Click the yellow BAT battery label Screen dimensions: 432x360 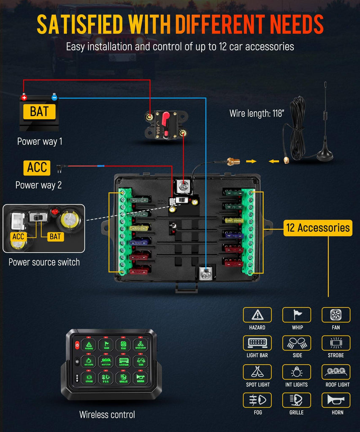(x=40, y=112)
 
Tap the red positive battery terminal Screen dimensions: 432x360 (x=24, y=97)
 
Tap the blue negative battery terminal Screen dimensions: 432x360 (x=54, y=97)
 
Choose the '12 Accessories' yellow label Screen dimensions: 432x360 (x=317, y=228)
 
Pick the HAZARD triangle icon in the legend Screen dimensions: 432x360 (x=257, y=315)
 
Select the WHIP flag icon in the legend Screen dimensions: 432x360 (x=296, y=315)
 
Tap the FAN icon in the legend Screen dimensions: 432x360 (x=336, y=315)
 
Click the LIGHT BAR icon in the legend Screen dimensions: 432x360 (x=257, y=343)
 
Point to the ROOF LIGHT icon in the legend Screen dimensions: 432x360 (x=336, y=372)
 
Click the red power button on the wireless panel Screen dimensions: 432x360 (x=77, y=346)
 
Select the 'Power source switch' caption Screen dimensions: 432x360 (x=44, y=262)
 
